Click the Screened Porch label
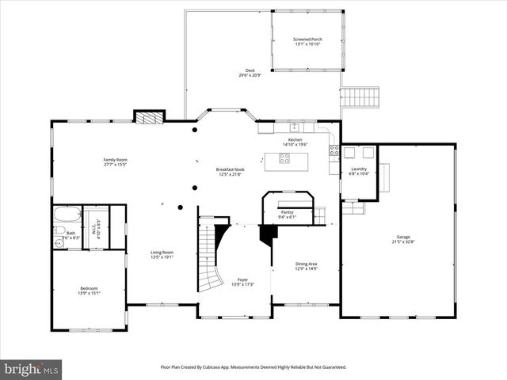click(x=306, y=39)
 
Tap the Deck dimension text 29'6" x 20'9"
click(x=250, y=76)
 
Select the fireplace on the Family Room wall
click(x=149, y=117)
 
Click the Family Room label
click(x=115, y=160)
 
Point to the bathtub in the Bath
click(x=67, y=215)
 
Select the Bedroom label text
click(x=89, y=287)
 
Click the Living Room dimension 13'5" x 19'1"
click(x=162, y=257)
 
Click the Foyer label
click(x=242, y=279)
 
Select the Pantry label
click(x=286, y=211)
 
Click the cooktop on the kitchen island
click(x=284, y=158)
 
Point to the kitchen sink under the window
click(x=294, y=127)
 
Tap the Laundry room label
click(x=359, y=168)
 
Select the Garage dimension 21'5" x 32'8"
click(x=403, y=241)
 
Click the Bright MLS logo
click(x=31, y=369)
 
